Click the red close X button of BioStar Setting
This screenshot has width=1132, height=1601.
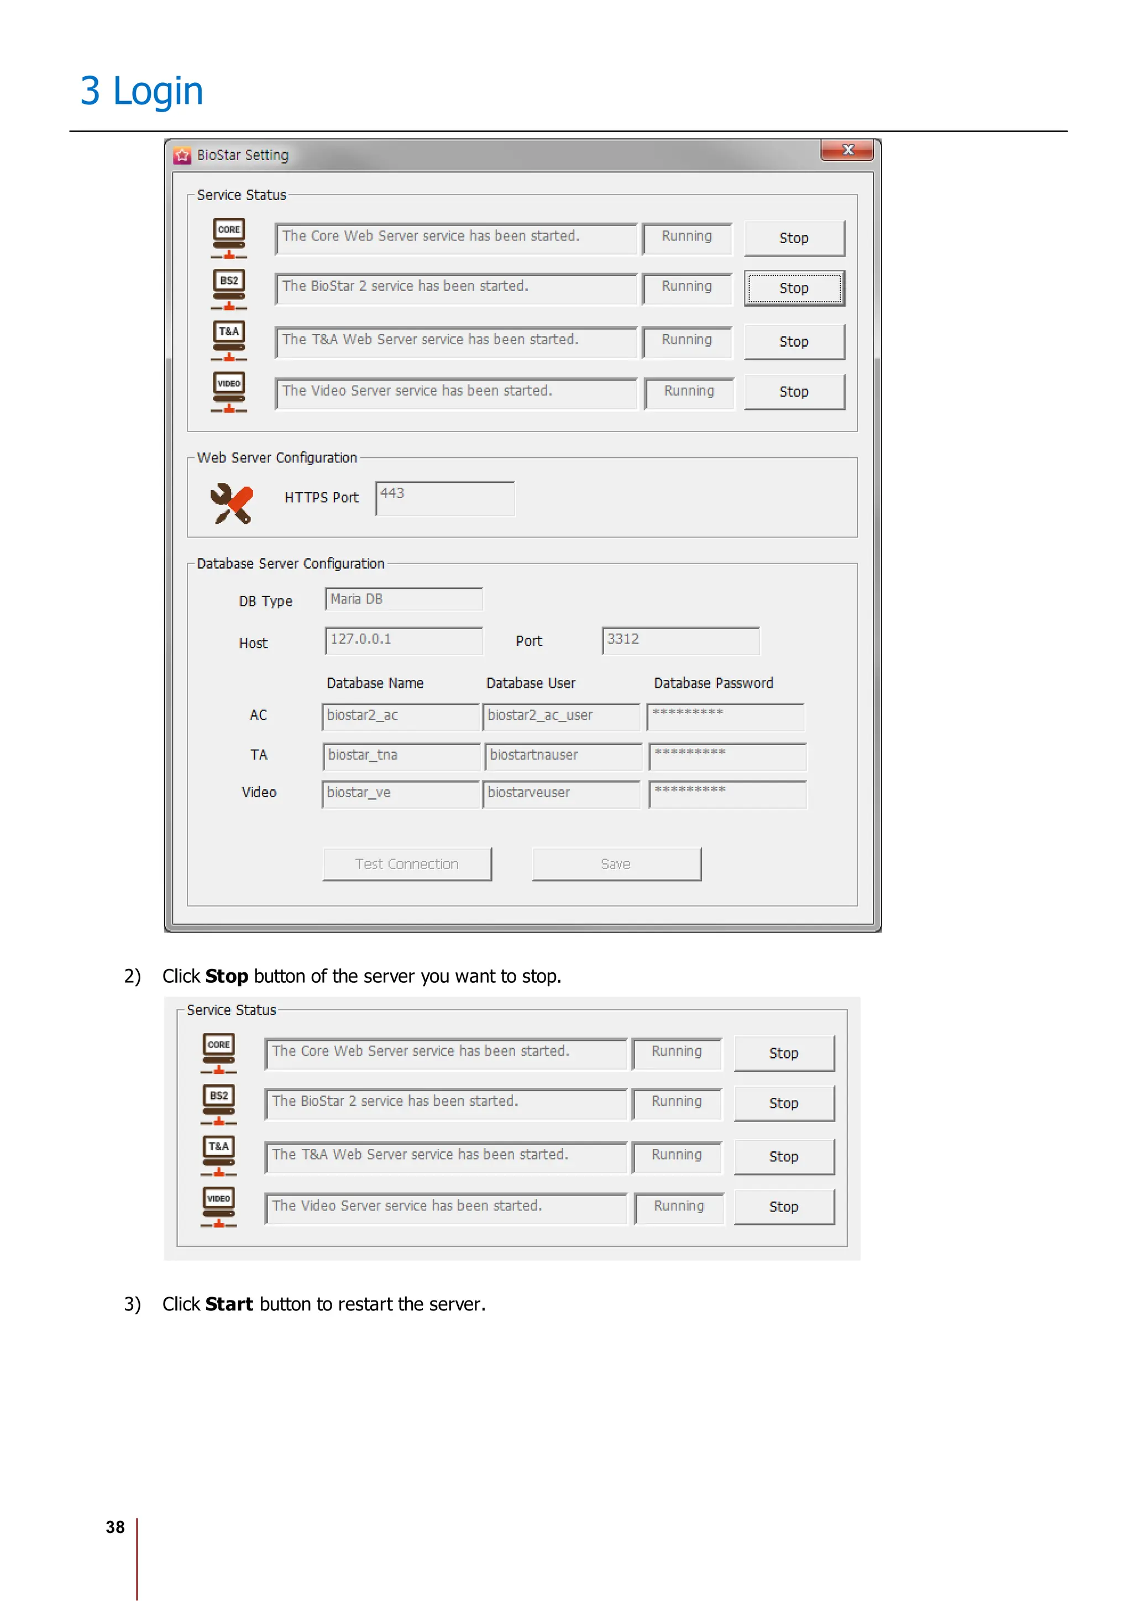click(847, 150)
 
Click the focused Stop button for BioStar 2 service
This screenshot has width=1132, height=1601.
click(794, 288)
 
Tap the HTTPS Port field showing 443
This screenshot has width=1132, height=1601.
click(444, 498)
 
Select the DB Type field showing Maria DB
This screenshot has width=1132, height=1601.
click(403, 599)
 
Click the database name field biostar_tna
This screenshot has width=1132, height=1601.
click(401, 755)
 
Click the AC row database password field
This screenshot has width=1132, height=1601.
click(725, 715)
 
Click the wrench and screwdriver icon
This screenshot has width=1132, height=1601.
click(231, 503)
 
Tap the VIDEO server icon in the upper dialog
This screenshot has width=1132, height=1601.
click(229, 391)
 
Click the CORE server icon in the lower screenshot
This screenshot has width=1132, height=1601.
click(218, 1052)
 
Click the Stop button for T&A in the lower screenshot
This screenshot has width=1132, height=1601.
click(783, 1156)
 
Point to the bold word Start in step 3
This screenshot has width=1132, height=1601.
click(229, 1304)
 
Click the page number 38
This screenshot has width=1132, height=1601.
click(115, 1527)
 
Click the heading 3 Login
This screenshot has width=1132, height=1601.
click(141, 91)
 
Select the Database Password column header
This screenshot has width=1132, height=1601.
click(713, 683)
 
